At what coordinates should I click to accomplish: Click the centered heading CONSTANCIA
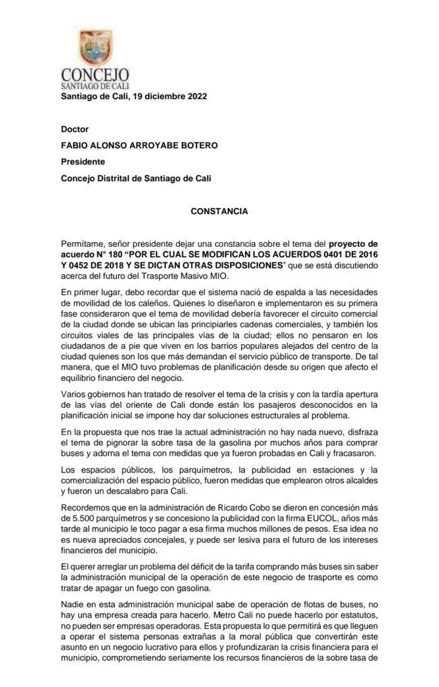pyautogui.click(x=219, y=211)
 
